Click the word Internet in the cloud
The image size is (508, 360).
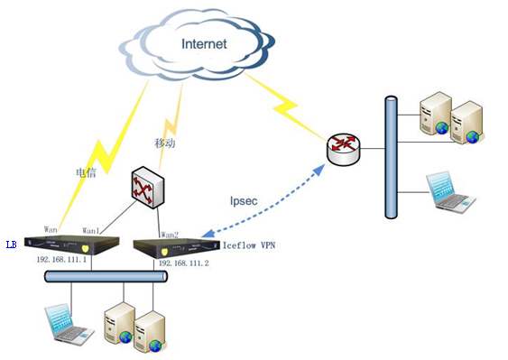click(204, 43)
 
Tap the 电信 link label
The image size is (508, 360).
click(87, 172)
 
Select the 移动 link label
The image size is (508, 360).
click(165, 143)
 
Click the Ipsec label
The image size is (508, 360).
click(244, 201)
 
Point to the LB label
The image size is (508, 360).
click(12, 245)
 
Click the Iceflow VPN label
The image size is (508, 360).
click(249, 245)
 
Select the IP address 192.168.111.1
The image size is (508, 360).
click(61, 259)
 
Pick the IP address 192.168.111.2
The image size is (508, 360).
click(184, 263)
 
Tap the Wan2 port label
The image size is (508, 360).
click(170, 235)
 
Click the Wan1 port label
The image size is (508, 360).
click(91, 230)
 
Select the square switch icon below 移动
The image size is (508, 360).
click(147, 188)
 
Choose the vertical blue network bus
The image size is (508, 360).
click(391, 157)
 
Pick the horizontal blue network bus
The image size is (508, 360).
click(106, 276)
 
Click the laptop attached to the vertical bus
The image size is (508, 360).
click(450, 192)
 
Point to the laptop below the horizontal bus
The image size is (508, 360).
click(69, 325)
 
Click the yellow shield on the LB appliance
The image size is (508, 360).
click(85, 249)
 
